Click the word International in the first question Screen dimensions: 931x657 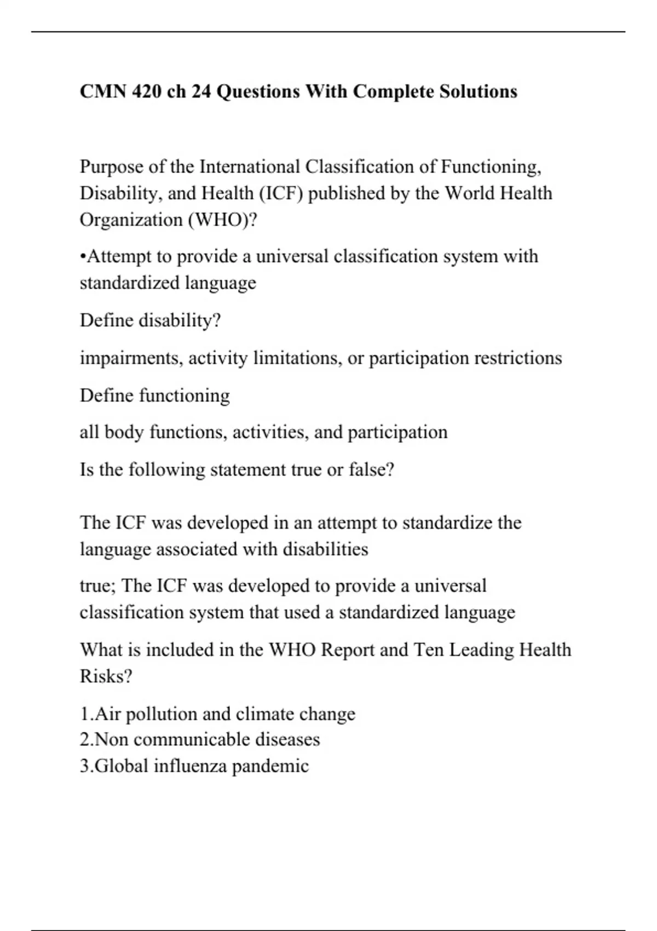coord(250,166)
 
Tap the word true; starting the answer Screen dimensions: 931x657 coord(98,585)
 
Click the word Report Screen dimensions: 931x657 coord(348,650)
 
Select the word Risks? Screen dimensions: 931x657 coord(106,676)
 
